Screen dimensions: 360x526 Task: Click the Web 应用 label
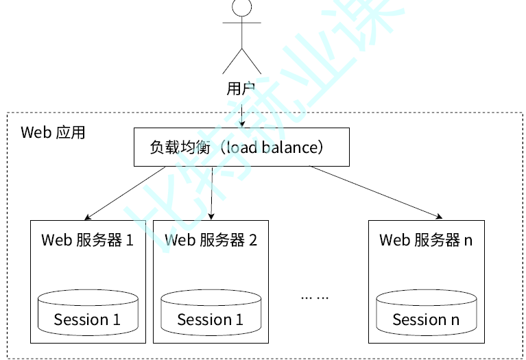pyautogui.click(x=53, y=132)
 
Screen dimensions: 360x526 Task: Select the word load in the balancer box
pyautogui.click(x=240, y=147)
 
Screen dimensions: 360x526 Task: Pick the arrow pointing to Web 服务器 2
pyautogui.click(x=212, y=192)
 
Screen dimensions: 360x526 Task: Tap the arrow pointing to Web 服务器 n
pyautogui.click(x=374, y=192)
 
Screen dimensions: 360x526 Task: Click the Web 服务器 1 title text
pyautogui.click(x=87, y=240)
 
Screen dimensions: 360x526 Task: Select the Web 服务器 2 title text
pyautogui.click(x=211, y=240)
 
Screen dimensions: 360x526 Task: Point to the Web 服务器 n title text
pyautogui.click(x=426, y=240)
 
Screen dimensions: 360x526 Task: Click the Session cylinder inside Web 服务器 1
pyautogui.click(x=88, y=312)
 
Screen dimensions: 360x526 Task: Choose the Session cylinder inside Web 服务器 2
pyautogui.click(x=211, y=312)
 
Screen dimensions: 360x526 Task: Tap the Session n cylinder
pyautogui.click(x=426, y=312)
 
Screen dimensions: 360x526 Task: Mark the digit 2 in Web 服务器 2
pyautogui.click(x=253, y=240)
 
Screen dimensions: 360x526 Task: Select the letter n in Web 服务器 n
pyautogui.click(x=468, y=241)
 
